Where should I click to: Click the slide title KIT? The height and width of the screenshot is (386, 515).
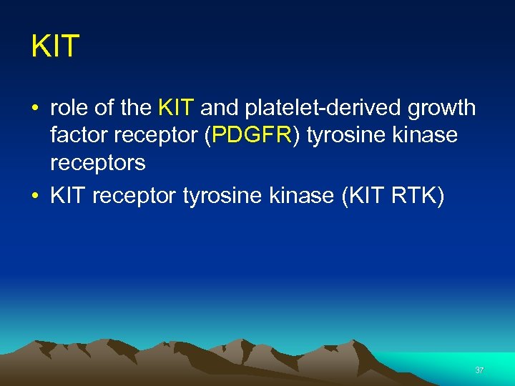pos(55,47)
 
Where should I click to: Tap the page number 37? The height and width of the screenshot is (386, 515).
pos(479,370)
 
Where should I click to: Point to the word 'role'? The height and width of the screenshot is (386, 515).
pos(70,108)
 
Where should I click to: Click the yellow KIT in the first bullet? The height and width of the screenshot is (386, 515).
pos(175,108)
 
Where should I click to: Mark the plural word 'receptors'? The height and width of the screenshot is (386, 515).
pos(97,164)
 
